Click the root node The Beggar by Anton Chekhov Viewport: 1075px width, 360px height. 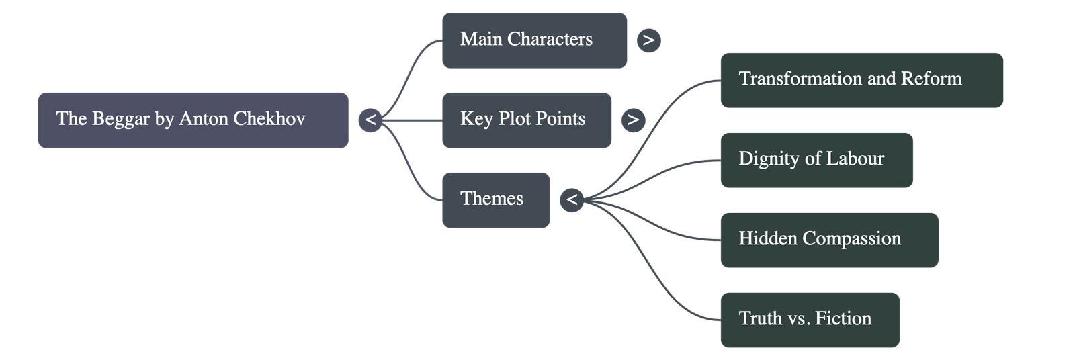point(192,120)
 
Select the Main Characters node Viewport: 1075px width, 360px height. point(534,40)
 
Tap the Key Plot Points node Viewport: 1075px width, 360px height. point(526,120)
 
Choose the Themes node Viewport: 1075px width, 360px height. point(495,199)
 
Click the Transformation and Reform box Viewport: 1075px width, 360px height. point(861,80)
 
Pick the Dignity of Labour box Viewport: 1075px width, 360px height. point(816,159)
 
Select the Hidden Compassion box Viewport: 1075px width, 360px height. point(828,239)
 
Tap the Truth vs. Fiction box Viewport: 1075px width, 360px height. point(809,319)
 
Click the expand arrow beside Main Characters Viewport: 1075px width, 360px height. point(648,40)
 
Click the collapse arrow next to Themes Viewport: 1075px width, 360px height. point(572,200)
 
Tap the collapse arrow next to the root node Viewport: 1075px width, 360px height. point(370,120)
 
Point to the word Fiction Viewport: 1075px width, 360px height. point(843,319)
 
